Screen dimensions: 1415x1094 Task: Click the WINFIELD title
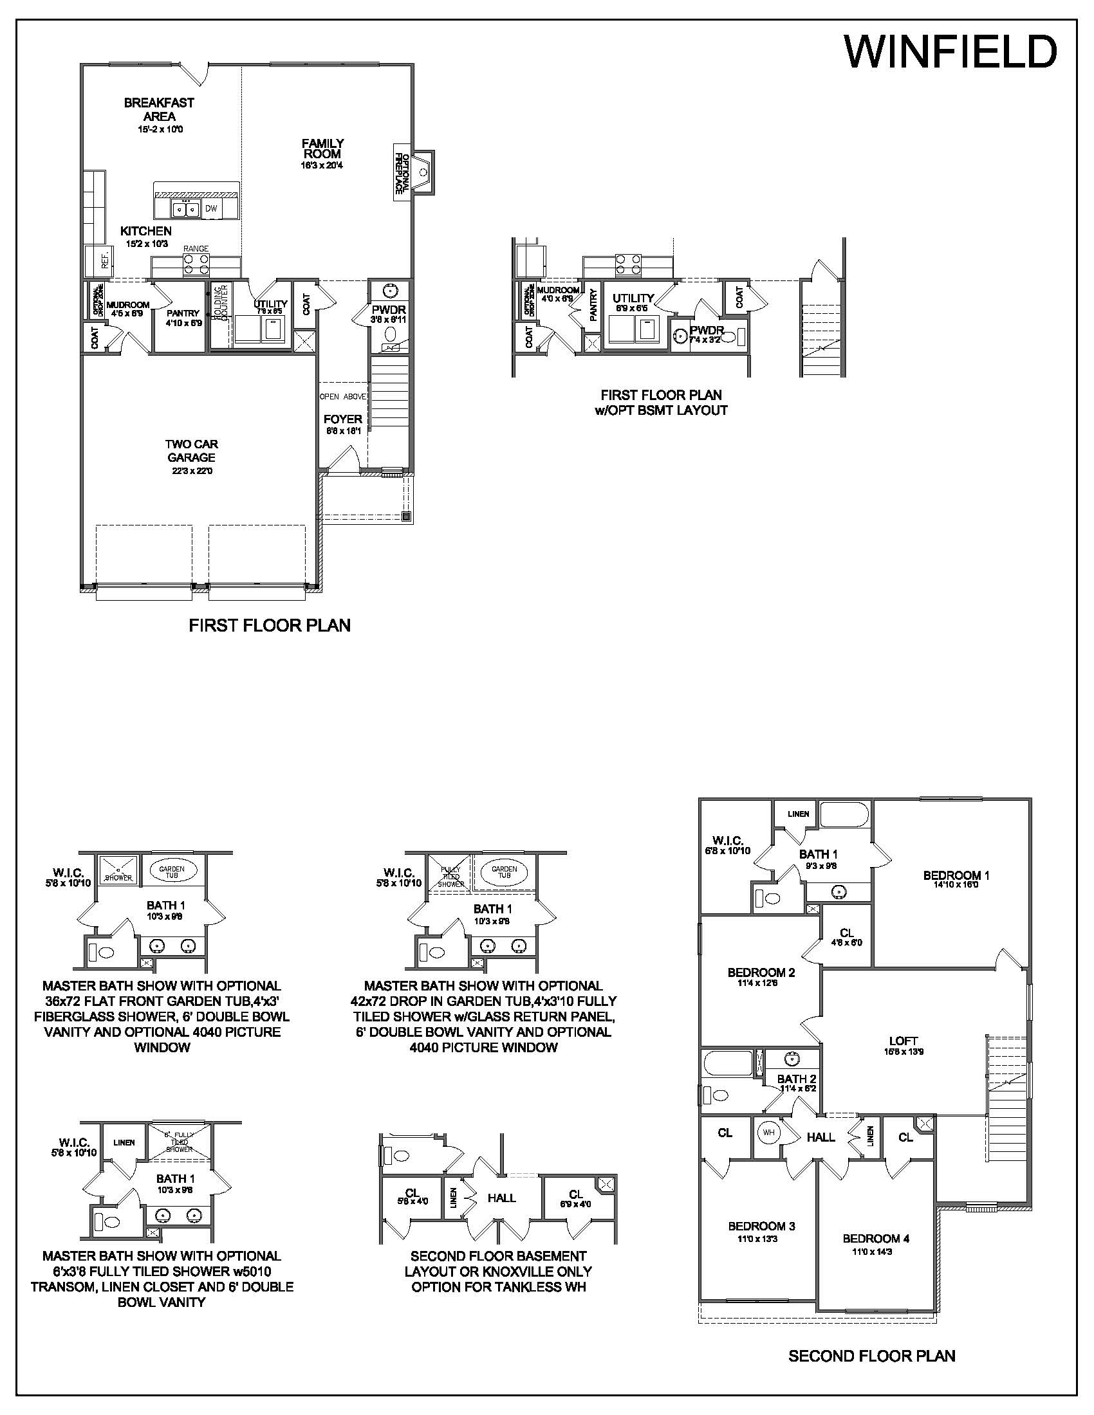950,52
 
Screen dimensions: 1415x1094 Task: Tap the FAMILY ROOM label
323,149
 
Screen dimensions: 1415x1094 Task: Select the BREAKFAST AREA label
159,109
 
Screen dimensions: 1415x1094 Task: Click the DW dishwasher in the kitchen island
211,208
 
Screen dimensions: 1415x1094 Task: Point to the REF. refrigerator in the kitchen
104,260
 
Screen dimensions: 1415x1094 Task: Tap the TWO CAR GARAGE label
191,451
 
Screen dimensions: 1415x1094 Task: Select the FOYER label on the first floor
342,419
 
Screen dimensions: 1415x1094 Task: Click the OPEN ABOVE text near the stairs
343,396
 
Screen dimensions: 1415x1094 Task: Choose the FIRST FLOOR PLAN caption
270,625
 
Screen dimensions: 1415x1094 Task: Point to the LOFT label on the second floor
903,1041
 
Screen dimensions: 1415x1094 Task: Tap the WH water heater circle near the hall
768,1133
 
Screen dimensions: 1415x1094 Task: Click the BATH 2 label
796,1079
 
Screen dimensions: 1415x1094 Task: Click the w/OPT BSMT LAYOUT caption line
660,410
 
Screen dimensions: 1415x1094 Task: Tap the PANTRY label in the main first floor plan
183,314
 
